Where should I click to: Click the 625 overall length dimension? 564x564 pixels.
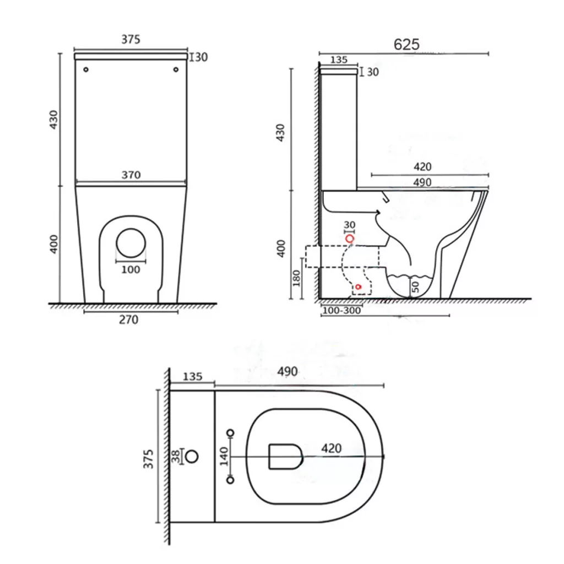[406, 45]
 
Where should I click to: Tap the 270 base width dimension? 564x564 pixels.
[128, 319]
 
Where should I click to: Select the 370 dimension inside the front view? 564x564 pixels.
[131, 175]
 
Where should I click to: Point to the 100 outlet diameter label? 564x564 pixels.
[131, 269]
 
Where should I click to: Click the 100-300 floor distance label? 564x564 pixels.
[341, 311]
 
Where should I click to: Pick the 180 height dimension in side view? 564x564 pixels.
[296, 278]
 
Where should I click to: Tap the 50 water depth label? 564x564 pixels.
[415, 287]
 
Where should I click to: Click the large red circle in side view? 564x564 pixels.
[350, 238]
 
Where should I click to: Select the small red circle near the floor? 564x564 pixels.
[358, 286]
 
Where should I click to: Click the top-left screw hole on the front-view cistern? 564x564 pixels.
[86, 69]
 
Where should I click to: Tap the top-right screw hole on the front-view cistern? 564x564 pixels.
[176, 69]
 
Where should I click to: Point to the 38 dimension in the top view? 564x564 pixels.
[176, 456]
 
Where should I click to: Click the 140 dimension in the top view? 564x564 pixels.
[224, 456]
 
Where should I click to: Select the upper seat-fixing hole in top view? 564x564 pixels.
[231, 433]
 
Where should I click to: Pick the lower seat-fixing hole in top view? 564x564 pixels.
[231, 480]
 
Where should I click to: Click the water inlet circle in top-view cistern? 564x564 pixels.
[192, 457]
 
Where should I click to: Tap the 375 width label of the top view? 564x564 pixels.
[148, 459]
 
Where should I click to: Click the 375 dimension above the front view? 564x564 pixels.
[131, 39]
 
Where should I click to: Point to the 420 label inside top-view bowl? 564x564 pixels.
[331, 448]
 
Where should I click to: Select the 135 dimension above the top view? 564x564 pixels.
[192, 377]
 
